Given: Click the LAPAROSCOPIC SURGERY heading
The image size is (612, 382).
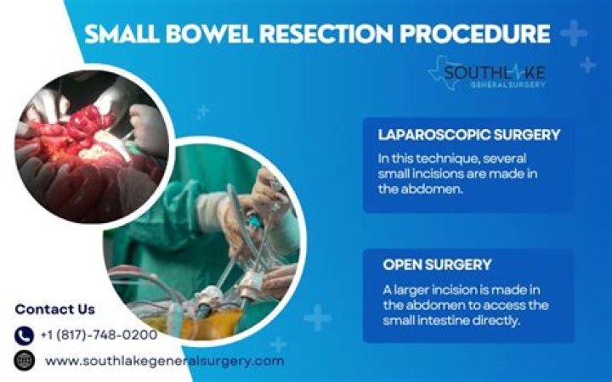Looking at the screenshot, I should point(456,134).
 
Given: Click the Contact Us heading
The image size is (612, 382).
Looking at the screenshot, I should point(54,309).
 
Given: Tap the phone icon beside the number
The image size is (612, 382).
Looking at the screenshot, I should point(24,335).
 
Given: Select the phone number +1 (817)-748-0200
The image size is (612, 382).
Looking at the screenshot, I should point(99,335).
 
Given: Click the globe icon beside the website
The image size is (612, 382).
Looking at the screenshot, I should point(24,361).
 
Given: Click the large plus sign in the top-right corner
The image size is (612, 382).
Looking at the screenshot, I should point(574,34).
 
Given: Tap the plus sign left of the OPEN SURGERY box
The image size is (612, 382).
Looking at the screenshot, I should point(318,318).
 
